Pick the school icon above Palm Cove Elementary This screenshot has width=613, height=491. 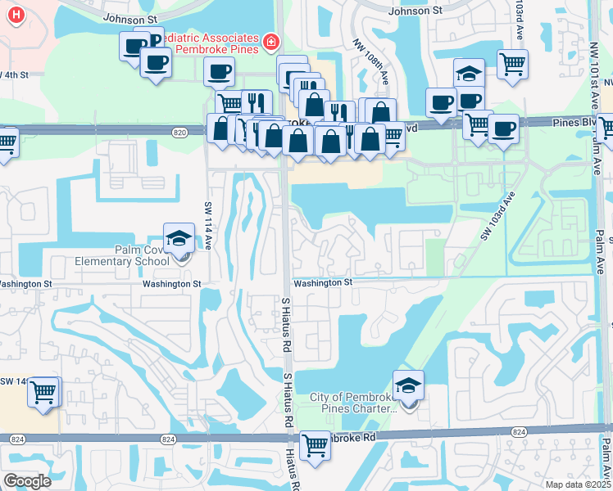[x=179, y=238]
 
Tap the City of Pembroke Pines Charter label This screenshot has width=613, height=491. [x=352, y=403]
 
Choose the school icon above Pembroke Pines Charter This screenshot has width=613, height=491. [x=409, y=385]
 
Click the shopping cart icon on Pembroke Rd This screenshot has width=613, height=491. [x=315, y=446]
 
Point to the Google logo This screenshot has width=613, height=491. [x=27, y=480]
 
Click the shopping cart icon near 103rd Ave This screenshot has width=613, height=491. [x=512, y=64]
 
